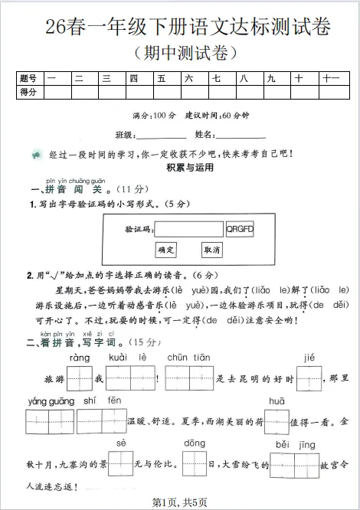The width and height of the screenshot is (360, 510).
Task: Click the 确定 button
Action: point(166,250)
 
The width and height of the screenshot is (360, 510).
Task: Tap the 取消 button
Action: point(212,250)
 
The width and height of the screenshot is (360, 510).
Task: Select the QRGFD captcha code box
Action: point(240,229)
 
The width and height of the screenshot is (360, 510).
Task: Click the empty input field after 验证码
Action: point(188,229)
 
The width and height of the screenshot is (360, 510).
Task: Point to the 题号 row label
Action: point(30,78)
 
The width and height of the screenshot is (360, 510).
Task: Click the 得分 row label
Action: point(30,92)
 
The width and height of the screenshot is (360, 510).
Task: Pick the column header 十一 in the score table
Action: point(331,78)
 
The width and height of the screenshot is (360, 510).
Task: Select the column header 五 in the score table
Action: point(161,78)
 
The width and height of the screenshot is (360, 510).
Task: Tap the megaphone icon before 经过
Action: point(36,155)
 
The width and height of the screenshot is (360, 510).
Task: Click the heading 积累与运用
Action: point(179,168)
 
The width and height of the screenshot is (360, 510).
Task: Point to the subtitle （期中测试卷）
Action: point(180,53)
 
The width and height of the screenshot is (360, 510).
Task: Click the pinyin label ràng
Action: point(80,358)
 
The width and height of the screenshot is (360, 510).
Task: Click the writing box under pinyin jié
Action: point(309,378)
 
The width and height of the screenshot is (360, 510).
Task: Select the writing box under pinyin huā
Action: point(277,422)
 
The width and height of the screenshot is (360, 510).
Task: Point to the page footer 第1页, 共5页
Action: point(181,502)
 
